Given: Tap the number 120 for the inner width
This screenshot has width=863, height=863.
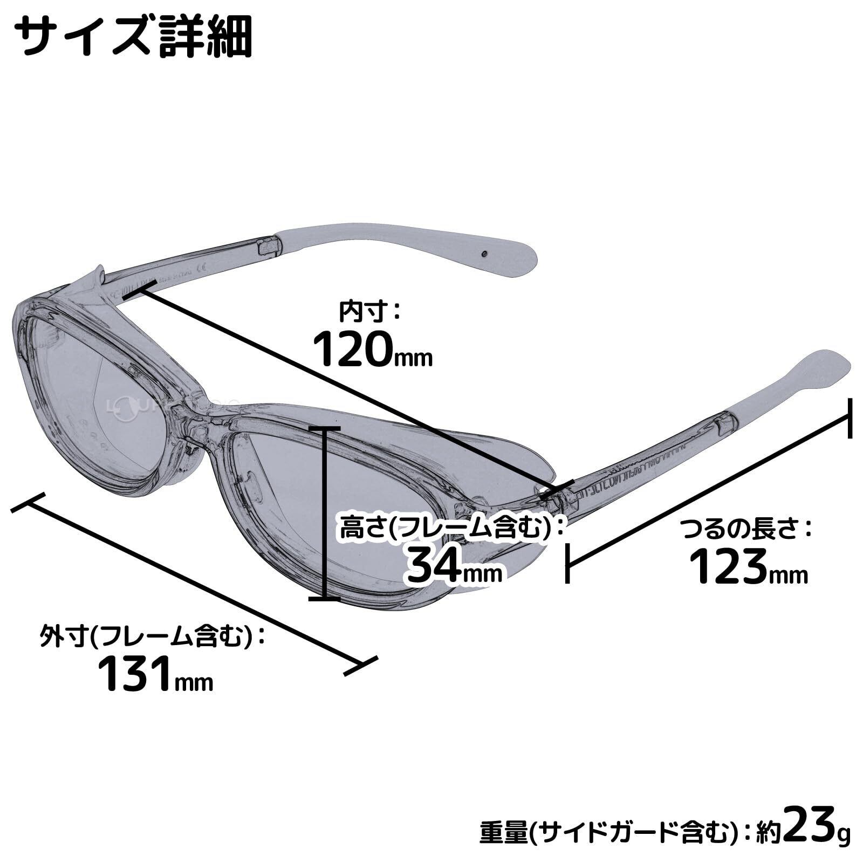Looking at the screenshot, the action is click(351, 349).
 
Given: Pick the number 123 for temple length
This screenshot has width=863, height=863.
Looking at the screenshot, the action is click(728, 566).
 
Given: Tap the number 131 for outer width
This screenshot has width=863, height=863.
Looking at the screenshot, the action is click(135, 674).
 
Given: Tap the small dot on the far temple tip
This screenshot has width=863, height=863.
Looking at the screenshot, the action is click(484, 252).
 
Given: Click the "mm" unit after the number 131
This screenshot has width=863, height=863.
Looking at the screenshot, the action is click(195, 682).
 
